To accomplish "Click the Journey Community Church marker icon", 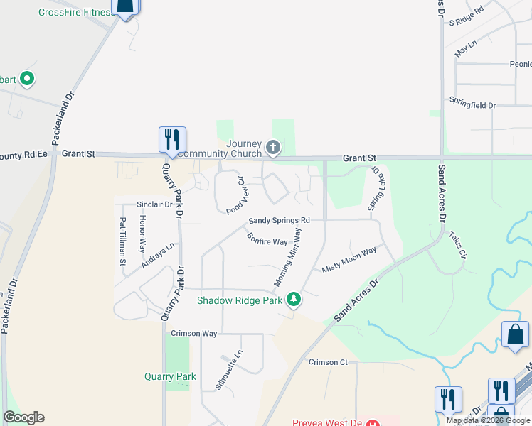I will [272, 148].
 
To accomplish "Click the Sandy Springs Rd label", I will [279, 221].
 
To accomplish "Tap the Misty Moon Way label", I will [349, 260].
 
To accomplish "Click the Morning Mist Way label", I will [289, 258].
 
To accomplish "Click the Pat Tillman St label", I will [123, 241].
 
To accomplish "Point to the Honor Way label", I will [142, 236].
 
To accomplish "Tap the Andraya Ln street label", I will [158, 256].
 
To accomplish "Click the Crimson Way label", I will [193, 333].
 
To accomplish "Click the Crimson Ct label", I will [328, 362].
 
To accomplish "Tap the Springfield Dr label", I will [472, 105].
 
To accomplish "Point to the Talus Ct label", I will [457, 245].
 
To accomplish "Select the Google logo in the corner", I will [23, 417].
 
